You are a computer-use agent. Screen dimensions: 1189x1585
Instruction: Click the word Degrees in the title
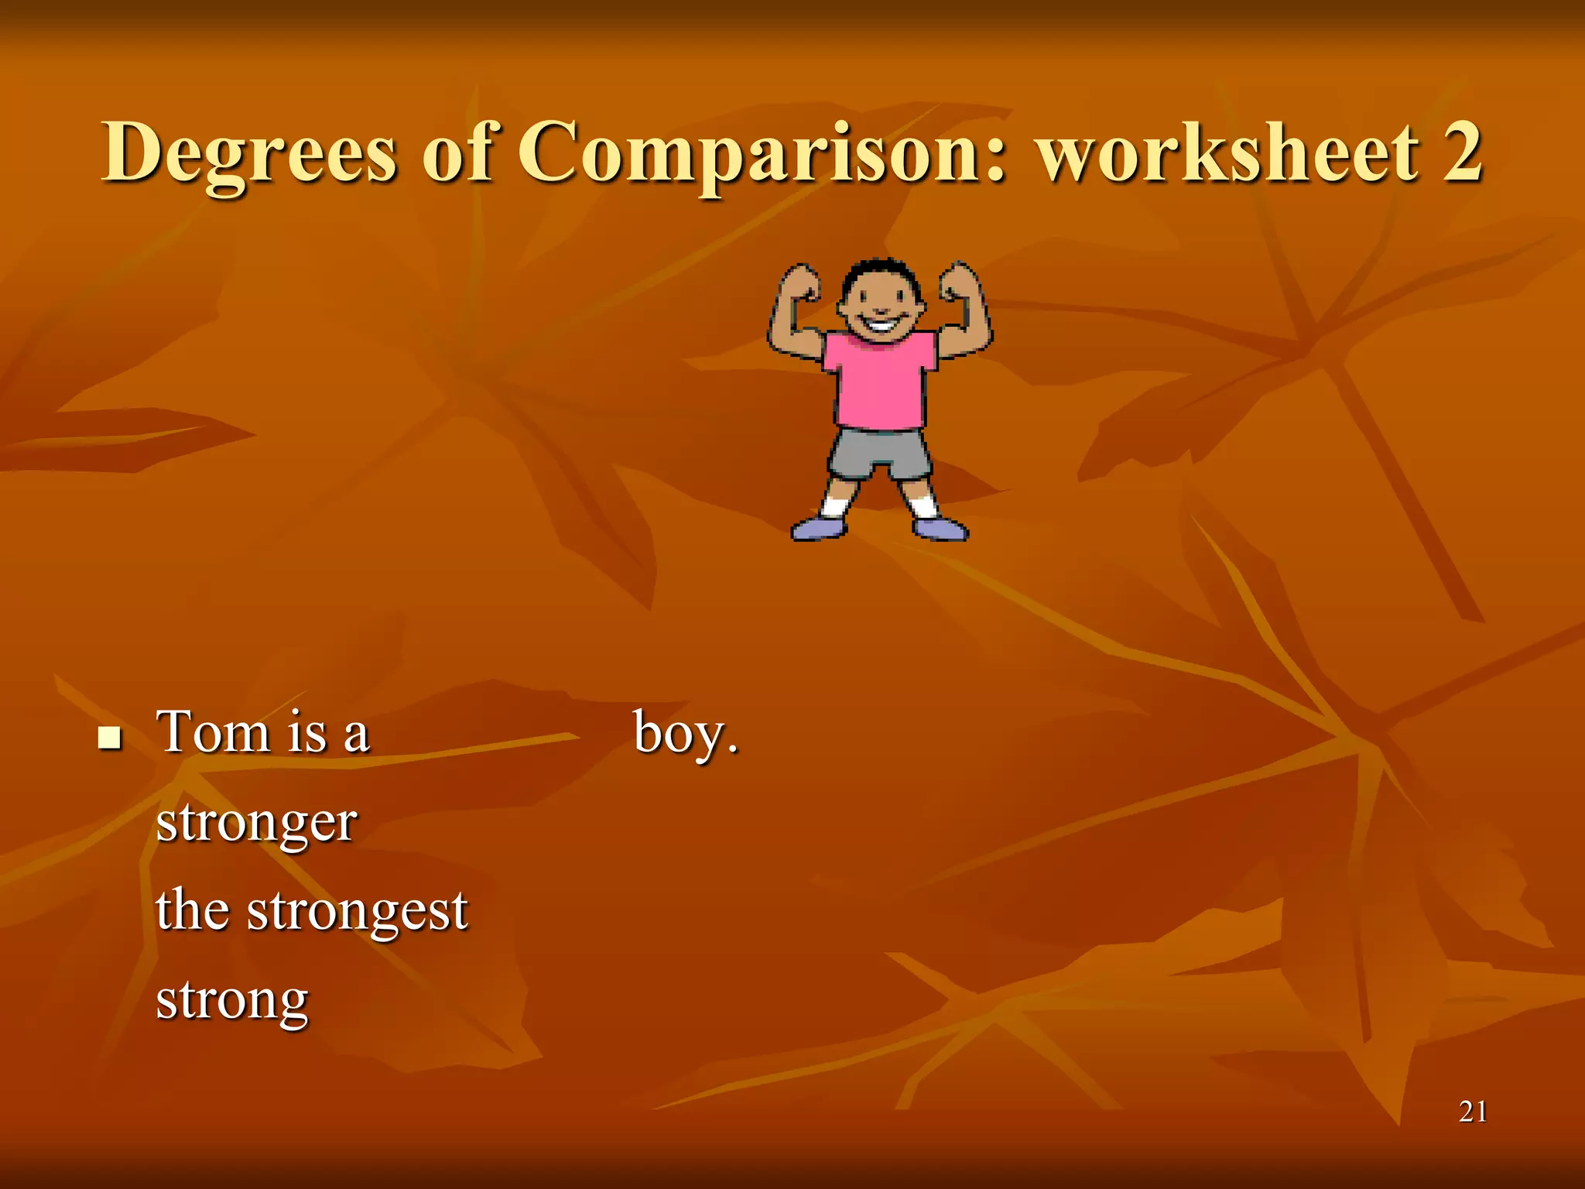pos(249,153)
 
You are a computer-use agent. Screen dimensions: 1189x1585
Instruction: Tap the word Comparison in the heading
pos(762,153)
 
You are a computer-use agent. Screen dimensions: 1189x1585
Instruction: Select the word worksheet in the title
pos(1229,153)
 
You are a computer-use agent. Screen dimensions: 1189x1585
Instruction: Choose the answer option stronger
pos(257,823)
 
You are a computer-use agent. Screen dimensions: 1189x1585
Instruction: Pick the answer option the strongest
pos(312,911)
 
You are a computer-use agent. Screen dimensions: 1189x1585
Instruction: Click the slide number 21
pos(1472,1112)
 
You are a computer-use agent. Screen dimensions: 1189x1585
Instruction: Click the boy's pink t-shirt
pos(880,379)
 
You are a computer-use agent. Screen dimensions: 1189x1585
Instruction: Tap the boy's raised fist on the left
pos(800,283)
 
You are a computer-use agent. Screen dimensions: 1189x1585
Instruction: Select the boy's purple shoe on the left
pos(819,529)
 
